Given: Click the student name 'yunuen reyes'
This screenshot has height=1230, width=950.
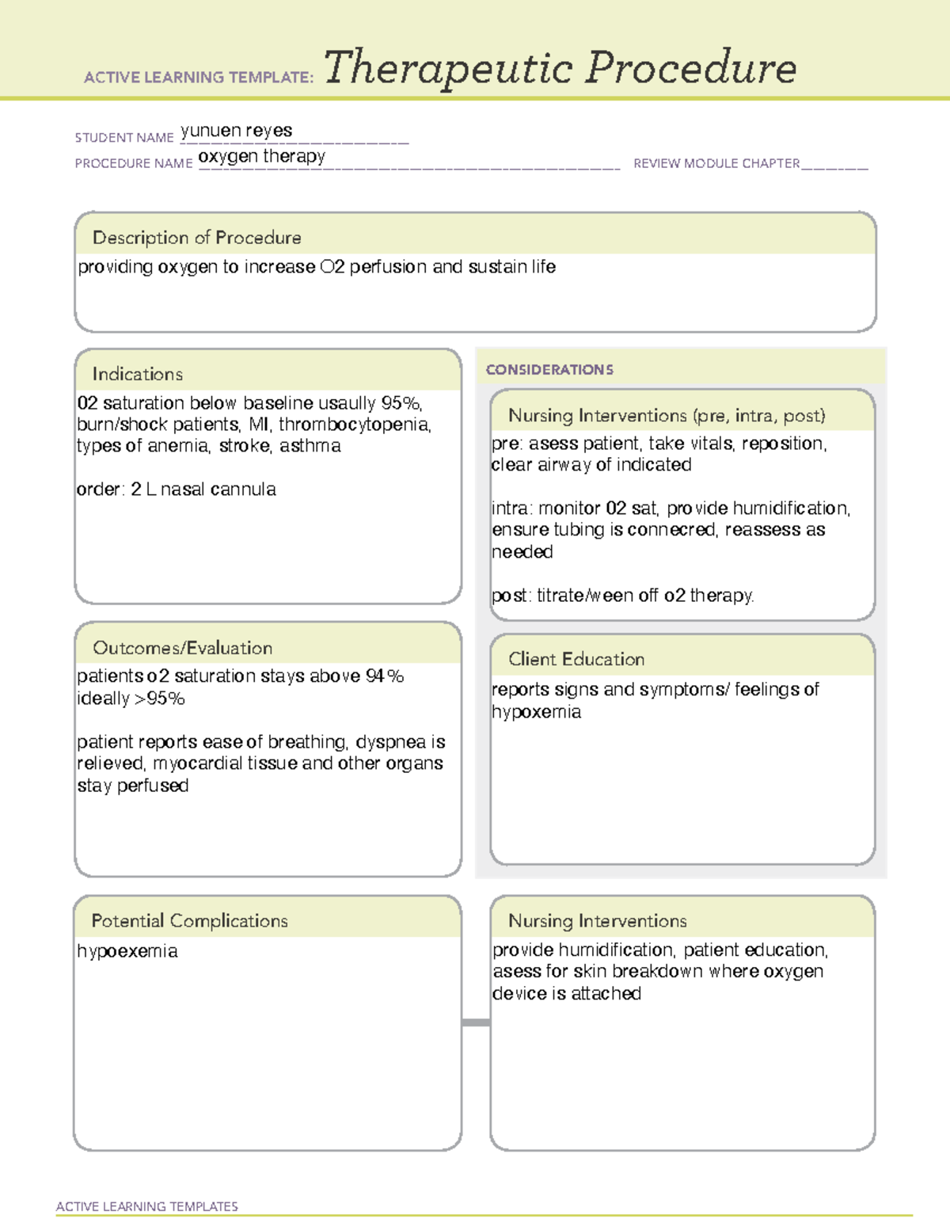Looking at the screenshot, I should tap(236, 131).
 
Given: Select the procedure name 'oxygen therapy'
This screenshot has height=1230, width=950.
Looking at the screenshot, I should tap(261, 156).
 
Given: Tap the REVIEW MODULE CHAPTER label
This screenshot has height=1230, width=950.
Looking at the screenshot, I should tap(716, 163).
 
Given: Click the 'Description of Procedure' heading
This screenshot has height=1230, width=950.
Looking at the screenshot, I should tap(196, 238).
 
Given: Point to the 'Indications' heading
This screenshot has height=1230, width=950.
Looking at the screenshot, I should tap(137, 374).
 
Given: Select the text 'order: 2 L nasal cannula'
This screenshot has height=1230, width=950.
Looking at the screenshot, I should tap(176, 489).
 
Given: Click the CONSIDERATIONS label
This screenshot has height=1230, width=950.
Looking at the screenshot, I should tap(549, 370).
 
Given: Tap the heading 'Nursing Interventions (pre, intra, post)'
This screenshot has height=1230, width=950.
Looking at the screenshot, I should tap(667, 416).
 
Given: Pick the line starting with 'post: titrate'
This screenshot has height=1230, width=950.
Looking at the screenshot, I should tap(622, 596).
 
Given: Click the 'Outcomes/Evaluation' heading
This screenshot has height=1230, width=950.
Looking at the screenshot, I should tap(182, 648).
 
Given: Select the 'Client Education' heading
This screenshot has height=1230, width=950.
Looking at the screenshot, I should tap(576, 659).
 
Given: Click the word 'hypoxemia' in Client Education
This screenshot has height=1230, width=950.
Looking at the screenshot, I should tap(536, 712).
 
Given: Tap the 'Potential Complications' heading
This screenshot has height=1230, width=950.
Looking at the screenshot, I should tap(189, 920).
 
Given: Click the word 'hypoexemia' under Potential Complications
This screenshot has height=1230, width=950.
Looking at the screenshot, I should tap(127, 951).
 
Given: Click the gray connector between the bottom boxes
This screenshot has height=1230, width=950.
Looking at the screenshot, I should tap(476, 1022).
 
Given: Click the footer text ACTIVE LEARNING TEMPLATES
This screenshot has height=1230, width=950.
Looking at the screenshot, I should tap(146, 1206).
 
